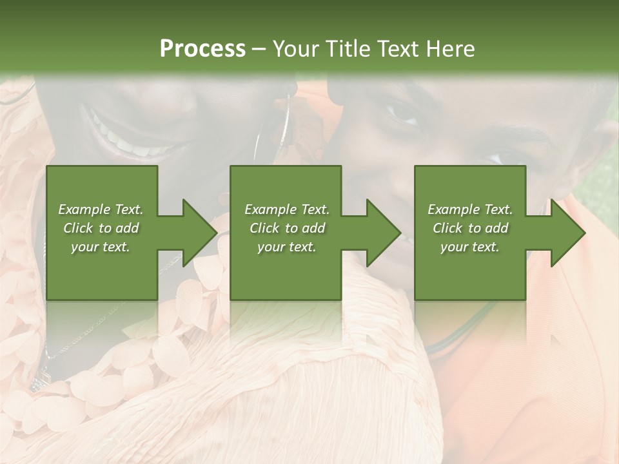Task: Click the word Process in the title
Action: click(x=202, y=49)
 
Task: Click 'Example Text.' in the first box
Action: click(x=101, y=209)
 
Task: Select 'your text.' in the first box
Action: click(x=101, y=247)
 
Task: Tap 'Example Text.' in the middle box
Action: click(x=286, y=209)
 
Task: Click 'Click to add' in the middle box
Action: click(x=286, y=228)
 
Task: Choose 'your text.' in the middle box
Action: click(x=286, y=247)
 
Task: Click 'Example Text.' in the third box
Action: click(x=470, y=209)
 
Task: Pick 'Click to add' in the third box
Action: click(x=470, y=228)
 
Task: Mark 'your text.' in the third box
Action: click(x=470, y=247)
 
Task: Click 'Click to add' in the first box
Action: click(x=101, y=228)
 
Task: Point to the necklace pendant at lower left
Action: click(x=37, y=382)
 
